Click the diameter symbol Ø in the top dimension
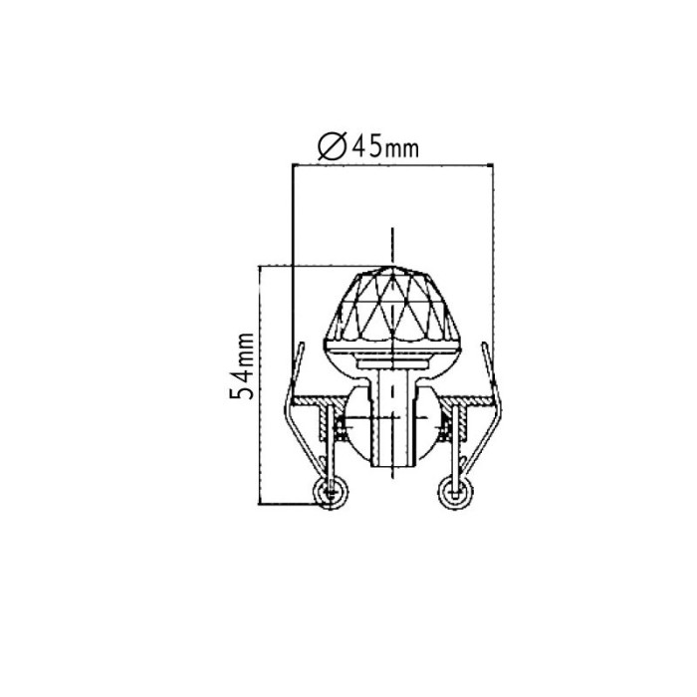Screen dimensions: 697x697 331,147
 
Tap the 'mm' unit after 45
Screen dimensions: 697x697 400,150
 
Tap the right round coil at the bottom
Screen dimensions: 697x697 455,492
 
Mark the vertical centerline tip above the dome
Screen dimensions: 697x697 394,231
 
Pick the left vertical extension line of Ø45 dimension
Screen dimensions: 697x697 291,259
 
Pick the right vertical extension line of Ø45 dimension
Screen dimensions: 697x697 494,259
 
